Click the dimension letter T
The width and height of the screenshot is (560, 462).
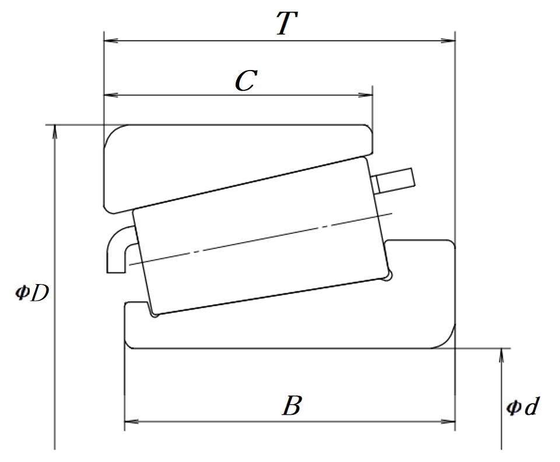[x=287, y=23]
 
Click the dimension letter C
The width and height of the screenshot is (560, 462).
[x=246, y=80]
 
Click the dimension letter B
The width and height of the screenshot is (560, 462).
[x=292, y=405]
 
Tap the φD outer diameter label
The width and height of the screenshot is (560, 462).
[x=32, y=293]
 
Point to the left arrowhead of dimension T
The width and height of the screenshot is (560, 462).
[x=111, y=41]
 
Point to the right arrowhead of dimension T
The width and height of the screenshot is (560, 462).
[x=448, y=41]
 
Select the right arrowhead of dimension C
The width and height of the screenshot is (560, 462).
[x=365, y=95]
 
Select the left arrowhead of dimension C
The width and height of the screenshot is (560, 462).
[x=111, y=95]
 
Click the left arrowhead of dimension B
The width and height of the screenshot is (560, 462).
[x=131, y=422]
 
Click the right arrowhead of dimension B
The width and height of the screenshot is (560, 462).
[x=448, y=422]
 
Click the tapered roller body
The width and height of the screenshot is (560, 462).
[x=261, y=236]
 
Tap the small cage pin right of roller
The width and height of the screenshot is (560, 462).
[x=393, y=181]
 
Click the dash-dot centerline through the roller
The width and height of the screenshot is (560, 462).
[x=261, y=239]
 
